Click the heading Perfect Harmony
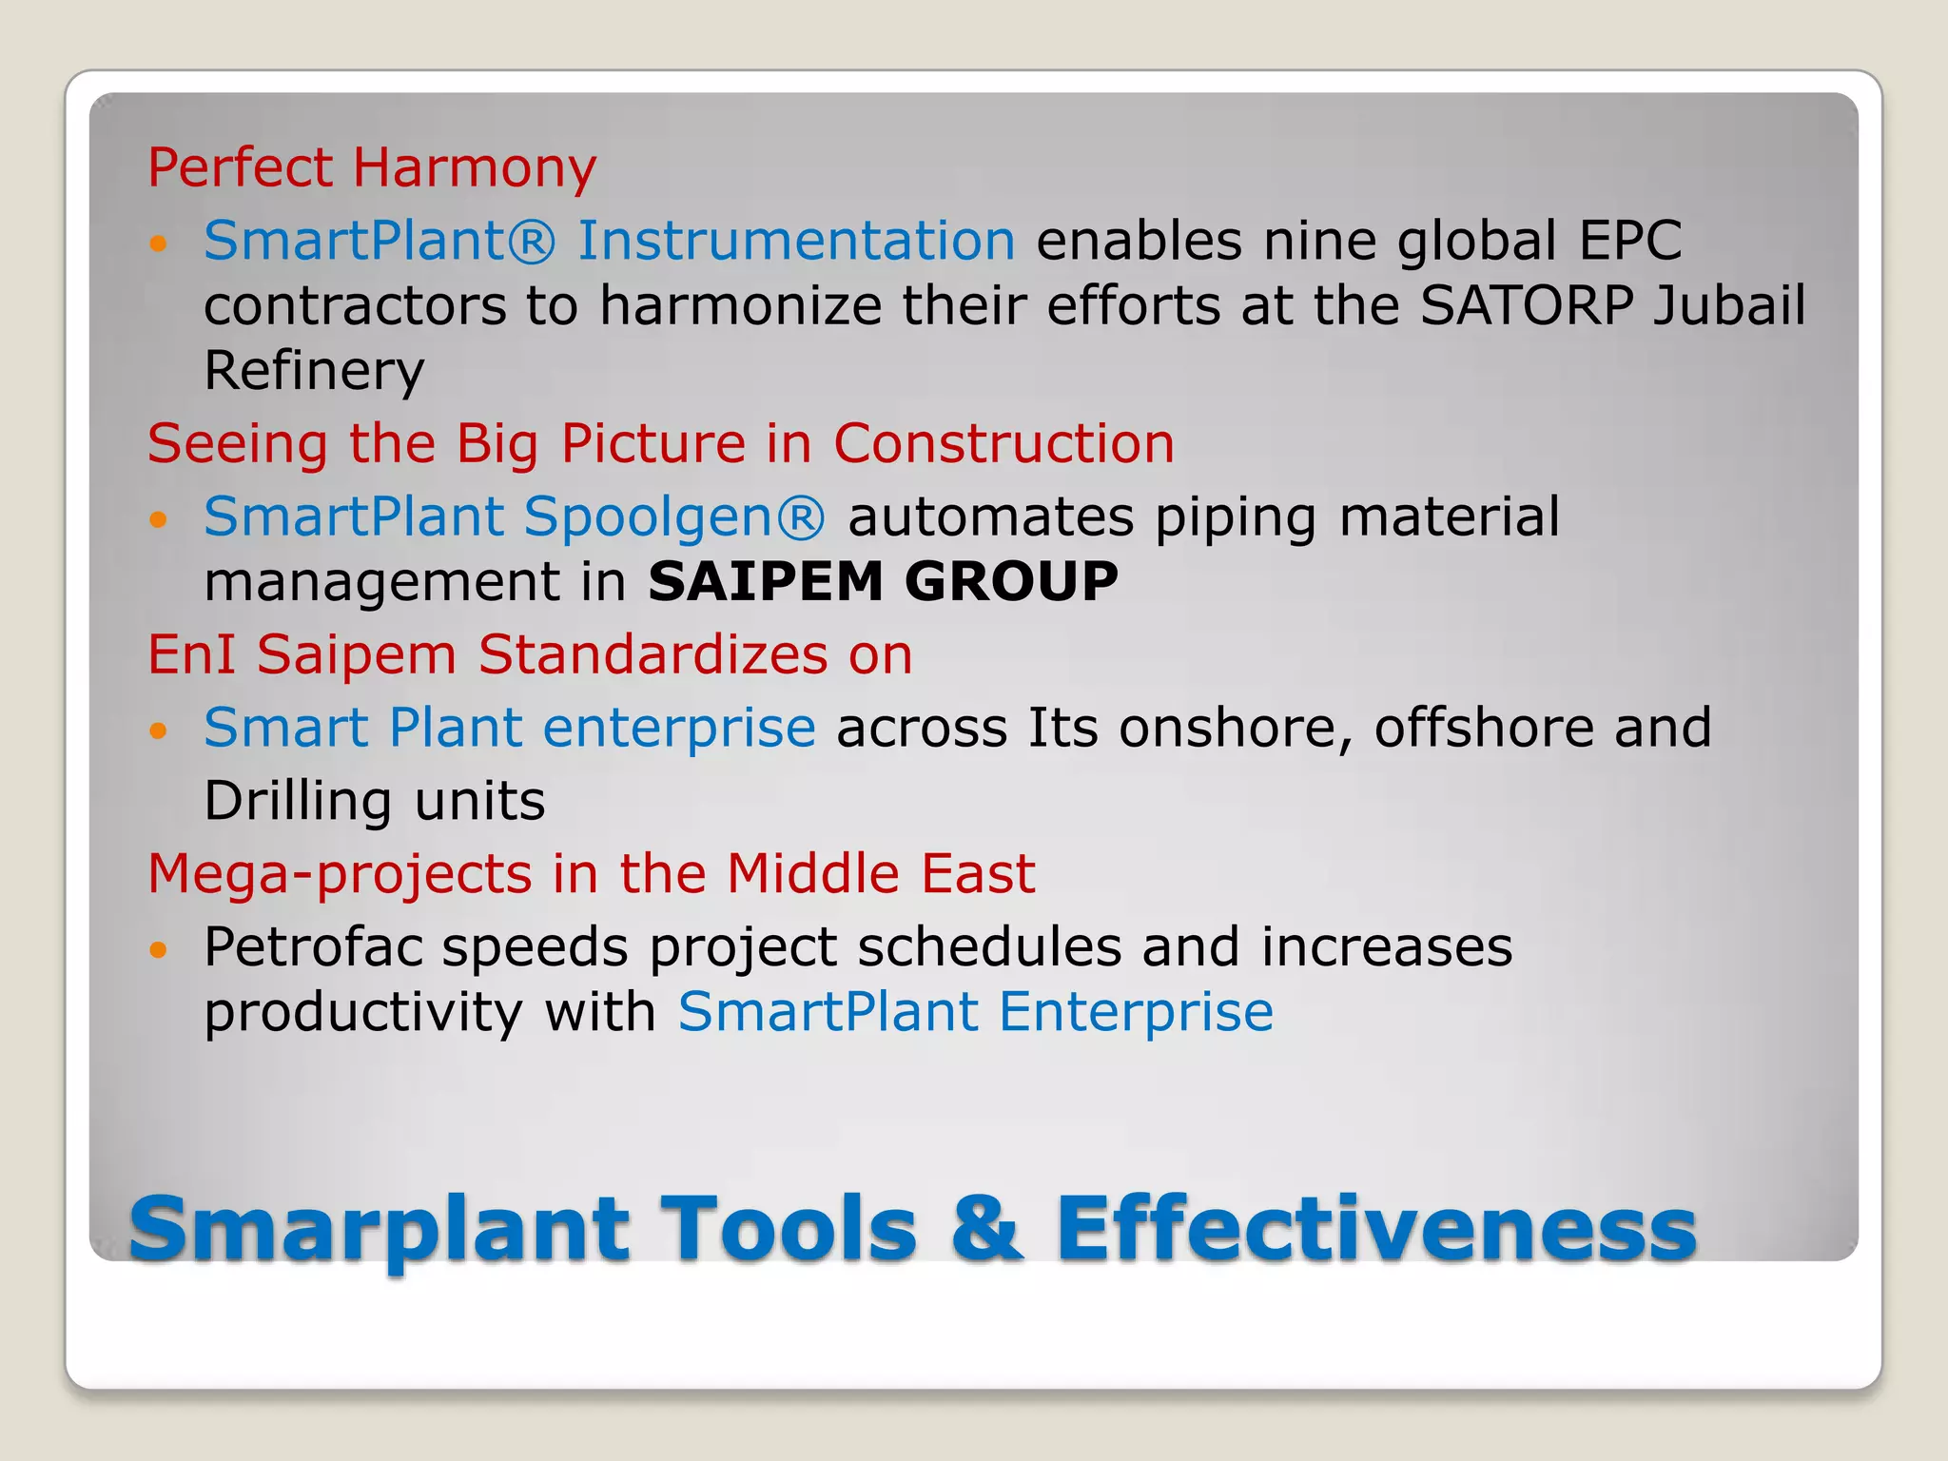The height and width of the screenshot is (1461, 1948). pyautogui.click(x=372, y=168)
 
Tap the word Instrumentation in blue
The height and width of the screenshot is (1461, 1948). pyautogui.click(x=796, y=240)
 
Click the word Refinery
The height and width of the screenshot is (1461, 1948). pyautogui.click(x=314, y=370)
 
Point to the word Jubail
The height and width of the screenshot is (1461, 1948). pyautogui.click(x=1728, y=305)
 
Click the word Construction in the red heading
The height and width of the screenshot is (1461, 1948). pyautogui.click(x=1003, y=443)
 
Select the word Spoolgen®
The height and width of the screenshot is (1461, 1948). pyautogui.click(x=674, y=517)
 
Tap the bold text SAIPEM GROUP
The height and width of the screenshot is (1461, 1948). pyautogui.click(x=883, y=581)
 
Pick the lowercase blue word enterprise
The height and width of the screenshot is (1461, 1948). pyautogui.click(x=678, y=729)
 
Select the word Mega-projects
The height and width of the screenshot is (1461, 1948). pyautogui.click(x=340, y=873)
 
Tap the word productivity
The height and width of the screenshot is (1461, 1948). pyautogui.click(x=363, y=1012)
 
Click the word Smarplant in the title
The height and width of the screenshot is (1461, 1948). pyautogui.click(x=379, y=1230)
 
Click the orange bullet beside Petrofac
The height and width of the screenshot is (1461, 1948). pyautogui.click(x=159, y=949)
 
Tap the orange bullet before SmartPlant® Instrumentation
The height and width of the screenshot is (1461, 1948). pyautogui.click(x=159, y=243)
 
